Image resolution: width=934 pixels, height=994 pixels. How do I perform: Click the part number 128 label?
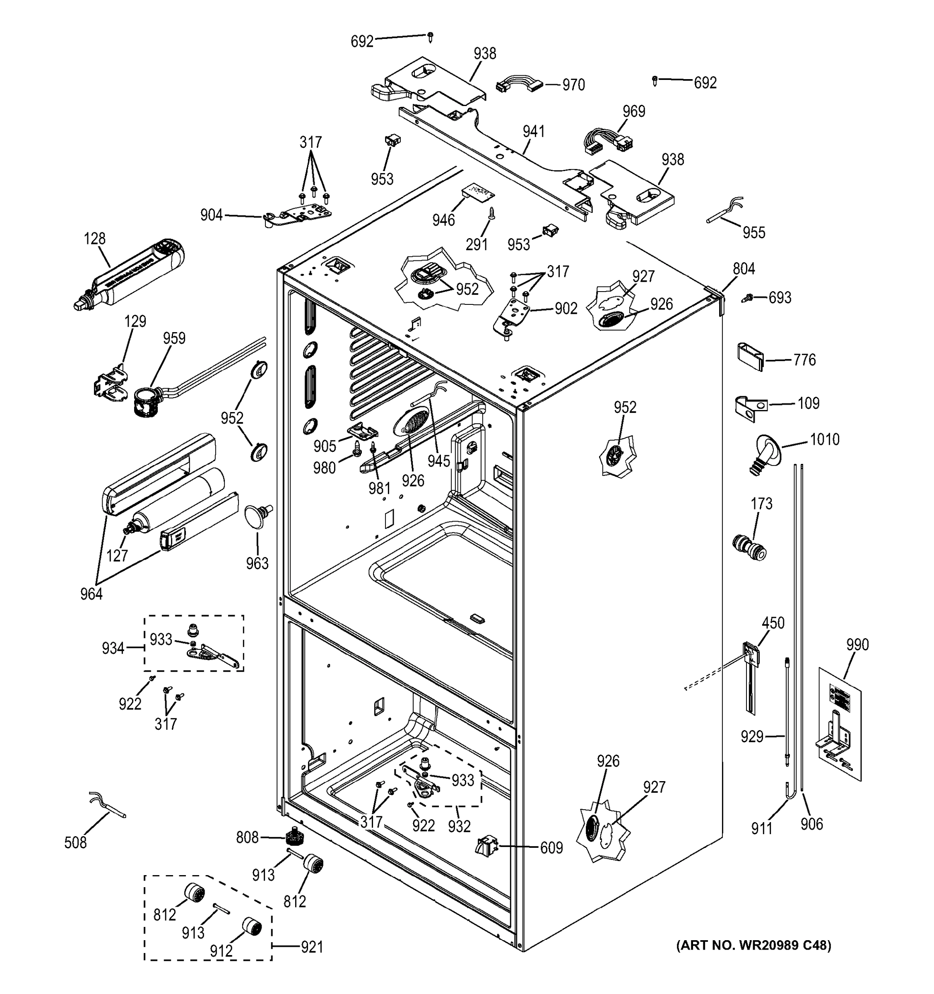point(94,239)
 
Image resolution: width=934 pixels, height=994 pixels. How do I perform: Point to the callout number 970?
point(573,85)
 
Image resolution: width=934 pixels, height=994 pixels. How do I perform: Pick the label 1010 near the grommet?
point(825,439)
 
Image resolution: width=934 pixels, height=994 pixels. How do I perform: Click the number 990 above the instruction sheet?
point(857,644)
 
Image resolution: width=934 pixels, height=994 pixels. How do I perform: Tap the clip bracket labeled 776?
point(751,357)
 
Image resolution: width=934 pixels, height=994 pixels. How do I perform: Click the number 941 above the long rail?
point(533,132)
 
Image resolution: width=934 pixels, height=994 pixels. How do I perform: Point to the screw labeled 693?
point(747,298)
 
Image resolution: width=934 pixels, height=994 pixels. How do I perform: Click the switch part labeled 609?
point(486,847)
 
